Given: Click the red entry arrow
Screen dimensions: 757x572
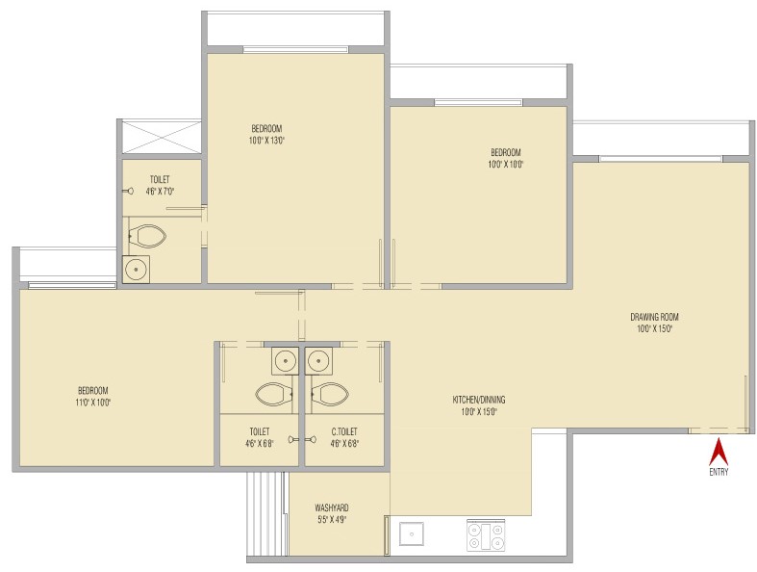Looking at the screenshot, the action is point(719,452).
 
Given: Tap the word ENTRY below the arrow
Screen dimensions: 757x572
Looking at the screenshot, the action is point(719,472).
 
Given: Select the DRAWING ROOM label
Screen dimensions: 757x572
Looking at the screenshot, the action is point(654,317).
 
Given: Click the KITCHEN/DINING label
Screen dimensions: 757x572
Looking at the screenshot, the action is point(479,400).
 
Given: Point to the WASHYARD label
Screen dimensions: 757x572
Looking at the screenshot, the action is point(332,508).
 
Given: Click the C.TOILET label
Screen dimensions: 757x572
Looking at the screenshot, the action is point(344,431).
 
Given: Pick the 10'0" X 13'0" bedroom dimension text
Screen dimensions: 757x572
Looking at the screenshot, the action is point(267,141).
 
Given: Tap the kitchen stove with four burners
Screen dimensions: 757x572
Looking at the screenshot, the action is point(486,535).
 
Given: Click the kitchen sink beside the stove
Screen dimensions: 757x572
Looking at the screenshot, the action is point(412,534).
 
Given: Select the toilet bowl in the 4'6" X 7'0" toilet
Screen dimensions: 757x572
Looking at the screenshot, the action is point(148,237).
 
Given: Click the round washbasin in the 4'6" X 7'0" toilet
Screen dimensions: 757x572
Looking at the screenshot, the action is point(137,270).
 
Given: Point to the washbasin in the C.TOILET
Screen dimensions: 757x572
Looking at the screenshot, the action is point(318,361).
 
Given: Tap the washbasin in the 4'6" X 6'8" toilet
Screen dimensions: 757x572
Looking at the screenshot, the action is point(286,361).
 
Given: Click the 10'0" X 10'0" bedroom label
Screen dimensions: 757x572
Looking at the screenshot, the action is point(506,158).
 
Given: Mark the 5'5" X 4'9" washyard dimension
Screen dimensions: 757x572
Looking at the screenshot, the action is point(332,520).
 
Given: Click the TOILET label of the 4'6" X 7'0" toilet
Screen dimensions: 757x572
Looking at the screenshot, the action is point(160,179).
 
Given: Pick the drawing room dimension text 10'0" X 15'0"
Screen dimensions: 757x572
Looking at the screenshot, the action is point(655,328).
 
